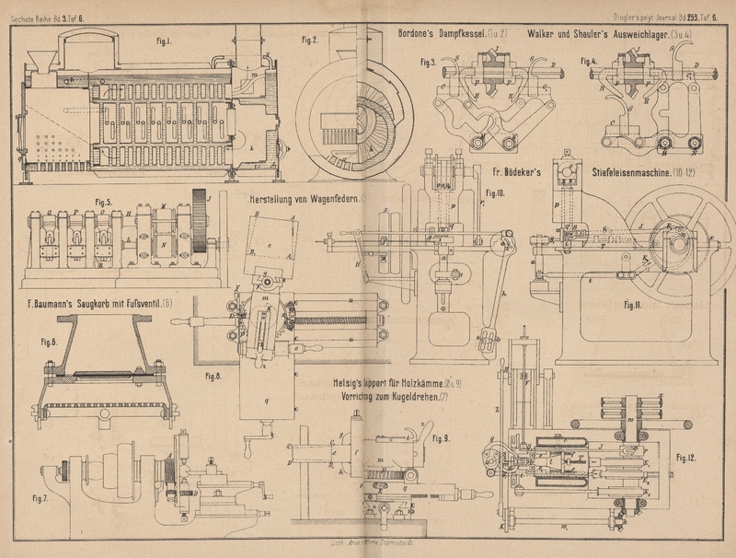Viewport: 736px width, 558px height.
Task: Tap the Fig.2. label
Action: tap(309, 40)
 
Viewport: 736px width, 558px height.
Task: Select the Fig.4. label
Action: tap(589, 61)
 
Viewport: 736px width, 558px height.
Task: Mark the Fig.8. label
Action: tap(213, 377)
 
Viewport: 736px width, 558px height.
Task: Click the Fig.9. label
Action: tap(440, 437)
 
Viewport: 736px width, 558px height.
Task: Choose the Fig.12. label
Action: tap(684, 457)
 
